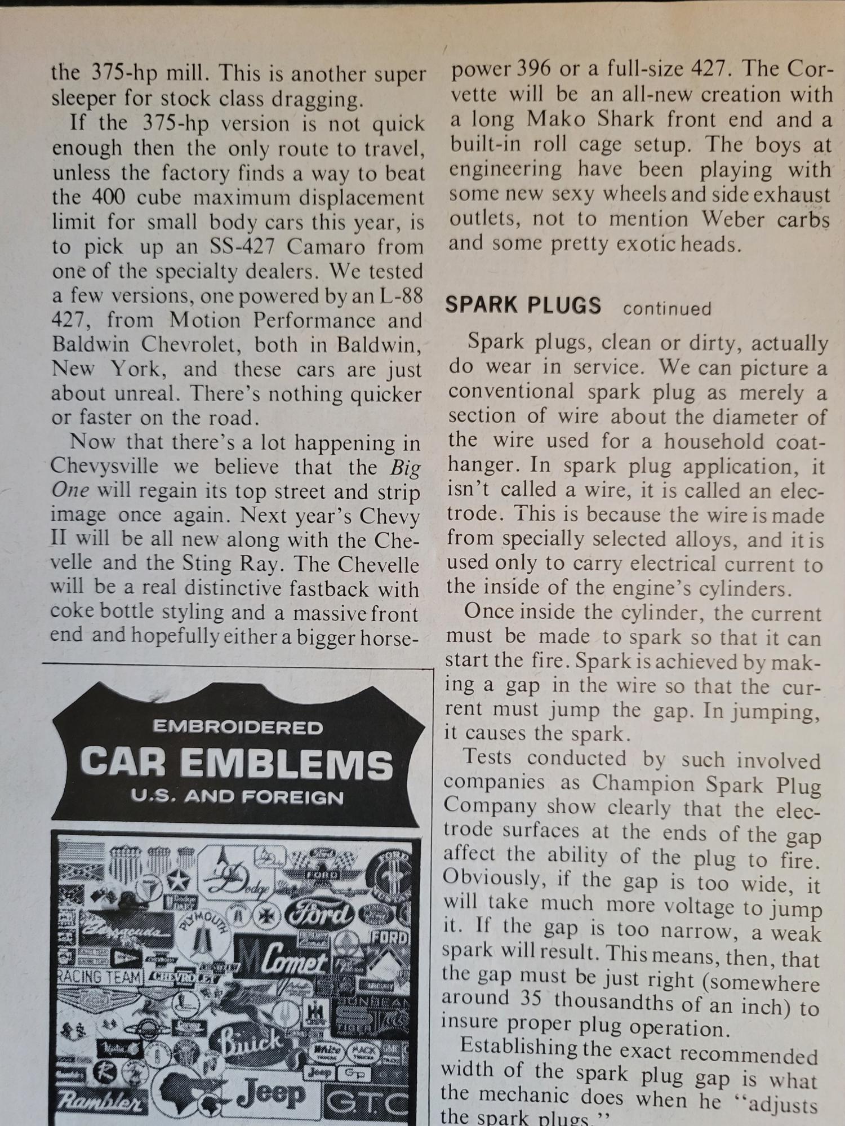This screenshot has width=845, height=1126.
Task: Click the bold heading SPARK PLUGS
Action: click(x=523, y=305)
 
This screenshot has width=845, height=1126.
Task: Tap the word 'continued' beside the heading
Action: click(x=667, y=309)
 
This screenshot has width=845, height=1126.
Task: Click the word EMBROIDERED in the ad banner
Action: click(x=238, y=727)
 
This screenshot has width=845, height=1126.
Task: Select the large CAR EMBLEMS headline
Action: click(x=237, y=764)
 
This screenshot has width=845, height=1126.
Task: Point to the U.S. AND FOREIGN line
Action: click(x=237, y=797)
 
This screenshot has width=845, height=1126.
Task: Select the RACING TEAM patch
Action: click(x=99, y=977)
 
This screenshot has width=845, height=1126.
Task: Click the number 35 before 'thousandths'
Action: click(x=528, y=998)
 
